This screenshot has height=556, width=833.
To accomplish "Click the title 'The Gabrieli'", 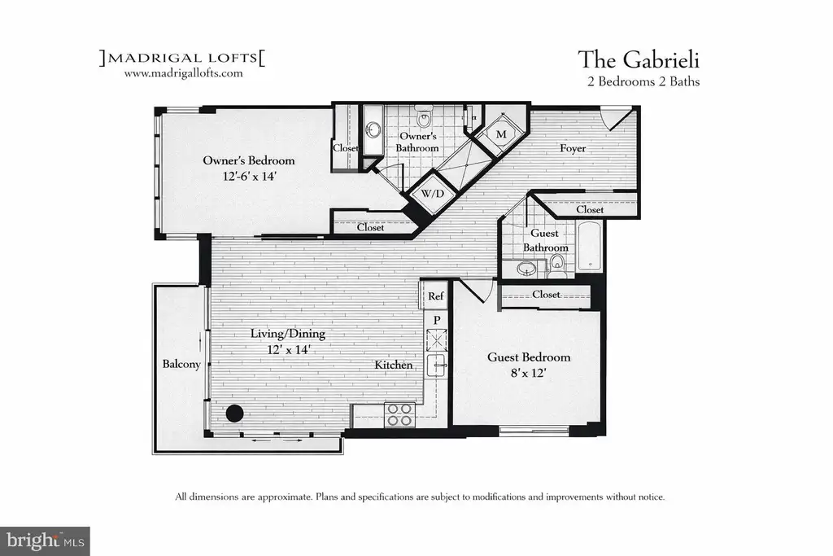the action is (639, 59).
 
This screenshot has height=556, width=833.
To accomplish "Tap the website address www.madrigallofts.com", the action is (183, 73).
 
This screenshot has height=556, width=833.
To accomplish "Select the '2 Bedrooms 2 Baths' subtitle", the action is (643, 81).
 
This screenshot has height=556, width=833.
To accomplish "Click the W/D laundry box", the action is (432, 194).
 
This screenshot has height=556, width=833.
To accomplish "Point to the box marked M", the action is (501, 134).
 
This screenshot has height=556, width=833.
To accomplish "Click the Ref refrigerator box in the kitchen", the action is (435, 296).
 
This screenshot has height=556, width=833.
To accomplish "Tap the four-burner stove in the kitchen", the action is (400, 414).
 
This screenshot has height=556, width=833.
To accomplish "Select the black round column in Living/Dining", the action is (235, 413).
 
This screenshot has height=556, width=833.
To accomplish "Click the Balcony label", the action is (181, 364).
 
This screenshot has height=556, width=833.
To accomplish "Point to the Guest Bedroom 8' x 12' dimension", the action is (529, 373).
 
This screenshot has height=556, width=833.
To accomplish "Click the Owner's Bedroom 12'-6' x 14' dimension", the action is (249, 176).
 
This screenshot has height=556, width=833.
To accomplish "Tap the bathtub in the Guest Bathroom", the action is (589, 247).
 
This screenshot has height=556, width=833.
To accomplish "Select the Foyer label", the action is (573, 148).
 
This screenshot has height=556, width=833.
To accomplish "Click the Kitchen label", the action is (394, 365).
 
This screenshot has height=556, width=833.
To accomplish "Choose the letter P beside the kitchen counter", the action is (437, 320).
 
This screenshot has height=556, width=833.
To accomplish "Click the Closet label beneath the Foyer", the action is (590, 209).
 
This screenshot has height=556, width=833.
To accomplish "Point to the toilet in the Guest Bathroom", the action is (556, 263).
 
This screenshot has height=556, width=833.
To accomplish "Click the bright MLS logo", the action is (46, 541).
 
